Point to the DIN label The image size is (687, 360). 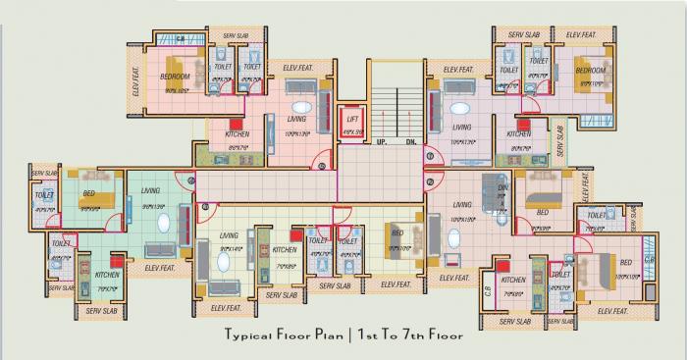(502, 186)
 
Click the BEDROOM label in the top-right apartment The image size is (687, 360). (590, 71)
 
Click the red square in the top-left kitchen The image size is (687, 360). (238, 122)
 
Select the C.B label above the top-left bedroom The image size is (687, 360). (181, 38)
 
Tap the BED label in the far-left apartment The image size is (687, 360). (89, 192)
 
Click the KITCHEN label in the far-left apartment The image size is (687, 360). (108, 278)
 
